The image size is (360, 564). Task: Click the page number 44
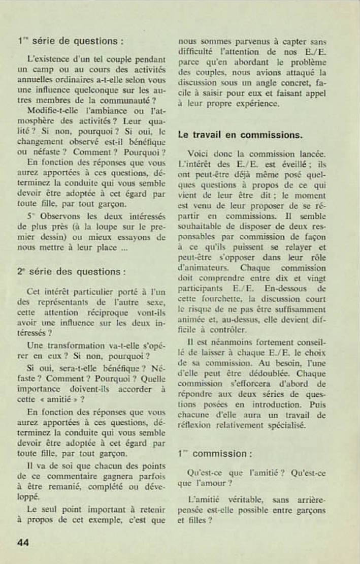[x=23, y=543]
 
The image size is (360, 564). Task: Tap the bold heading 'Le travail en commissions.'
[x=240, y=135]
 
